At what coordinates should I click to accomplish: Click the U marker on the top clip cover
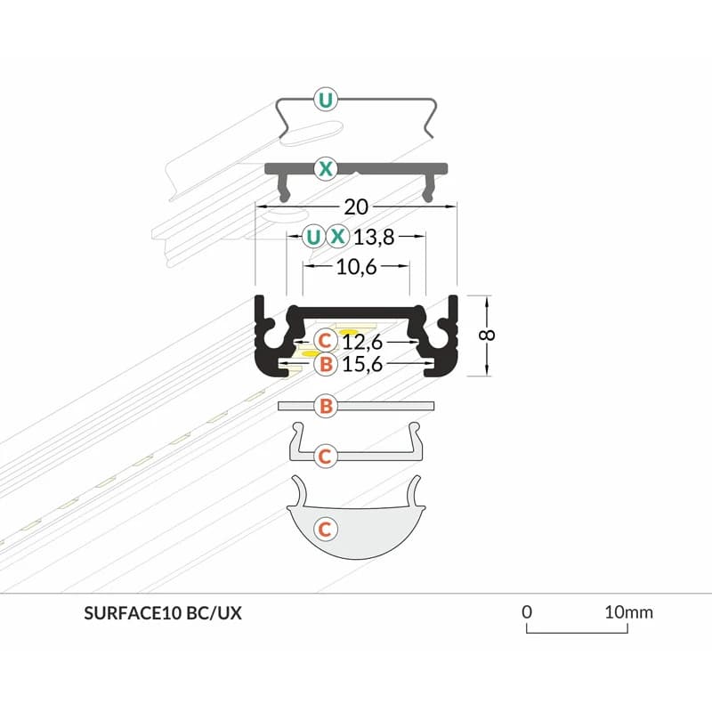point(327,101)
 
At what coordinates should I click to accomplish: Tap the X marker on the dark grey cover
point(327,166)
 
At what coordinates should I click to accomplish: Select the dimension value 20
point(356,207)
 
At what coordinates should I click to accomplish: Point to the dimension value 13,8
point(374,237)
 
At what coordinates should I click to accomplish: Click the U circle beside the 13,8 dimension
point(312,237)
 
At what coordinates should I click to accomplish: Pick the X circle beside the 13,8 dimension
point(337,237)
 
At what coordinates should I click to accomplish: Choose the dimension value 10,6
point(356,266)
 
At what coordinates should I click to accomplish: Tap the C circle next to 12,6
point(326,340)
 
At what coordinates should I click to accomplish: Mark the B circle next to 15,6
point(326,363)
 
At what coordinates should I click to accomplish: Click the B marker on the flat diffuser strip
point(327,407)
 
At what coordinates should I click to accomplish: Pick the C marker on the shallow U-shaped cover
point(326,456)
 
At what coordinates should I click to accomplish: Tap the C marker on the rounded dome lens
point(327,529)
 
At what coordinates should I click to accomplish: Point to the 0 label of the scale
point(527,612)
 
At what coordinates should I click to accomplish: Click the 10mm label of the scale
point(628,612)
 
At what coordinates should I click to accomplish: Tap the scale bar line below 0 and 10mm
point(578,633)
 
